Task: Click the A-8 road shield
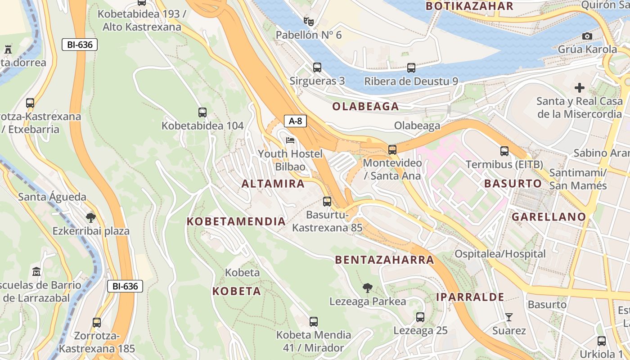[295, 121]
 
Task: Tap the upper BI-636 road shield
[80, 45]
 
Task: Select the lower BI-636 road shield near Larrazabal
[125, 286]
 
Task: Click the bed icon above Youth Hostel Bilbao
[290, 141]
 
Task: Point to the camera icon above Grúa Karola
[587, 36]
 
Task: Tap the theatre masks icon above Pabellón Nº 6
[308, 21]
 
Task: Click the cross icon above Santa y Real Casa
[579, 88]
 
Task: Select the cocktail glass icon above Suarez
[508, 317]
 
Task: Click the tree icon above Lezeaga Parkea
[368, 288]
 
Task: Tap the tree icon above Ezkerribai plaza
[90, 218]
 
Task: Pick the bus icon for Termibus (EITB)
[504, 151]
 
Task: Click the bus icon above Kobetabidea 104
[202, 112]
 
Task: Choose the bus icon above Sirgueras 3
[317, 67]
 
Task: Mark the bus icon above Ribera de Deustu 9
[411, 68]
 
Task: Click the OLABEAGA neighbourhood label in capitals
[365, 107]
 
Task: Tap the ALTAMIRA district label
[273, 184]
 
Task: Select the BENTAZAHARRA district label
[384, 260]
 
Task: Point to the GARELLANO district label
[549, 217]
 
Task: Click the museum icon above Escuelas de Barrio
[36, 272]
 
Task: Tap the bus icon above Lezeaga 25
[420, 317]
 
